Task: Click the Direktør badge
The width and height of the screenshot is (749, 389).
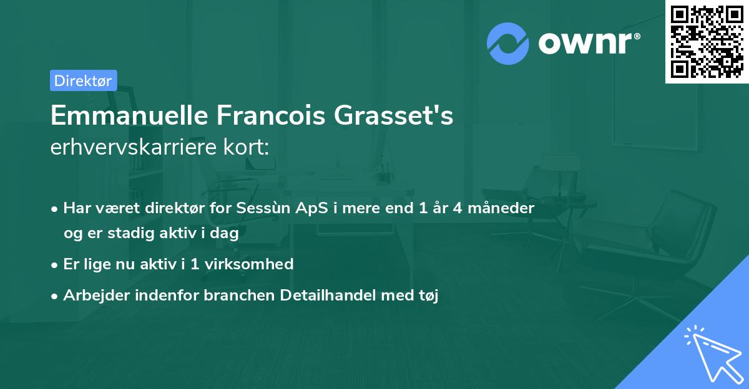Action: point(83,80)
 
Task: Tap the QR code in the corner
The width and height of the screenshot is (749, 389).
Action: point(707,41)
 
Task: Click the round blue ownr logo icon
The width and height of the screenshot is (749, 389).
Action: point(508,44)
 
